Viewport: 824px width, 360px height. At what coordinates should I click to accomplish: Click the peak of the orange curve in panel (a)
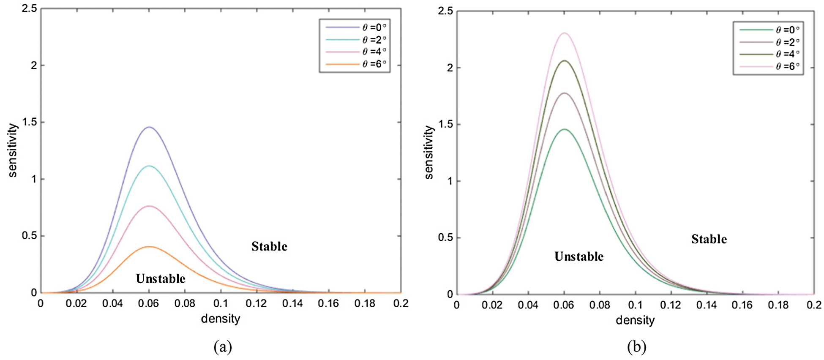(x=149, y=247)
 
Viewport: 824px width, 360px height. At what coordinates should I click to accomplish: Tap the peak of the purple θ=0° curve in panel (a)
(x=149, y=127)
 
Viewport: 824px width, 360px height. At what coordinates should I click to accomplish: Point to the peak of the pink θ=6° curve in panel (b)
(x=564, y=33)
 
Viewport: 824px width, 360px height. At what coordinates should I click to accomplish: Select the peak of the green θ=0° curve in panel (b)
(x=564, y=129)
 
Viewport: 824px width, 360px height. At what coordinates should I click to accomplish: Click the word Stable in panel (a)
(x=269, y=246)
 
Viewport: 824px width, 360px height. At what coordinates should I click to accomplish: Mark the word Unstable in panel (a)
(x=161, y=278)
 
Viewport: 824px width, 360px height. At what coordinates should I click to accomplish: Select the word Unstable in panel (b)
(x=579, y=256)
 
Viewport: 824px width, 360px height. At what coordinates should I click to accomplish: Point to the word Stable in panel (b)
(x=709, y=239)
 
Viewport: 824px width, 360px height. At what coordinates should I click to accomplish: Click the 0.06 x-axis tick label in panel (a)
(x=149, y=303)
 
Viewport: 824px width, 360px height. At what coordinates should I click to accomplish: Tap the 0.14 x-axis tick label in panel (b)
(x=706, y=305)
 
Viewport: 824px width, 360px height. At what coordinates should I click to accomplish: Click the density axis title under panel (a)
(x=221, y=319)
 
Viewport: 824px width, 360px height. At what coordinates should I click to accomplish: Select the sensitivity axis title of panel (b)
(x=429, y=152)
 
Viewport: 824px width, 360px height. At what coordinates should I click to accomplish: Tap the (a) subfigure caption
(x=223, y=347)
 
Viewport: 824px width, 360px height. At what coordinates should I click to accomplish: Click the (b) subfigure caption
(x=637, y=347)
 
